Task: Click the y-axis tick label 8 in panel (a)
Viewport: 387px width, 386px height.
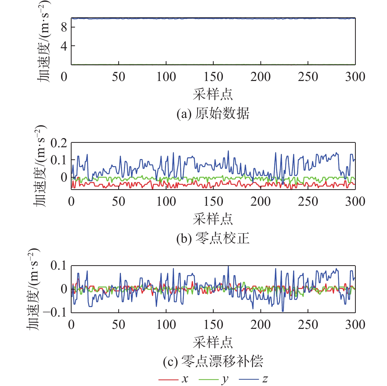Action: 64,27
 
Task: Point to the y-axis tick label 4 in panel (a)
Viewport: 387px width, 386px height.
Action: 64,46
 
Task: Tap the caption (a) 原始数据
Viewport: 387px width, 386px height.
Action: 213,114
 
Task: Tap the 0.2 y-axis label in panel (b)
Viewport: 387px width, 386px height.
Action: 59,143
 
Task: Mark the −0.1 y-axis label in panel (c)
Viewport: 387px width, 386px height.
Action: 55,313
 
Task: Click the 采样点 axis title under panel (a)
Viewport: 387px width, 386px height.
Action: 213,94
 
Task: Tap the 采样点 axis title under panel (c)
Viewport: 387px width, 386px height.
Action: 213,342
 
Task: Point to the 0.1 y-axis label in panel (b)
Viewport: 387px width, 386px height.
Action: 59,160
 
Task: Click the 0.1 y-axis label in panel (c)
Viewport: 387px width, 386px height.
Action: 59,266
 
